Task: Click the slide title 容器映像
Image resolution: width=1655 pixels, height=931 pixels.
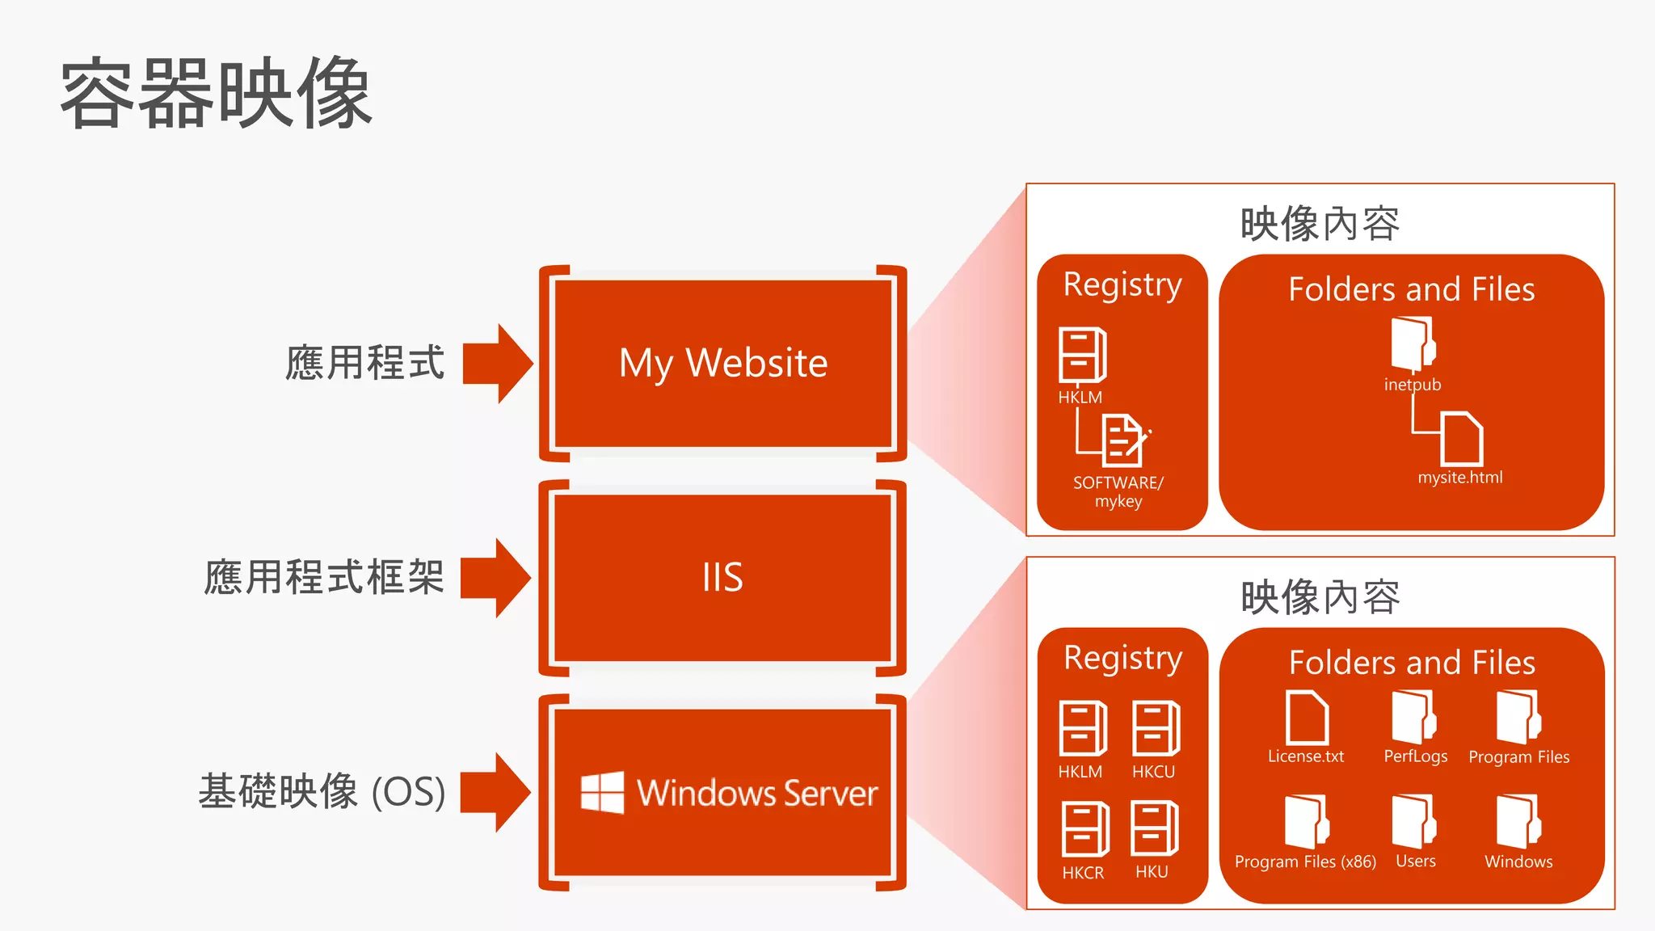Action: (217, 94)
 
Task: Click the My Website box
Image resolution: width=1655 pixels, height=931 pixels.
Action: (723, 363)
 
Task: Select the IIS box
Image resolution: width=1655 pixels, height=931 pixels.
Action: (723, 578)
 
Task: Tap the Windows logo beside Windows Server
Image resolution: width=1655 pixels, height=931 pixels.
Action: (602, 792)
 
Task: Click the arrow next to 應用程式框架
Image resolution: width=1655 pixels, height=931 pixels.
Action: (495, 578)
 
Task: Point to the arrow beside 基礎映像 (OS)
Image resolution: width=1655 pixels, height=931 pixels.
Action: (495, 792)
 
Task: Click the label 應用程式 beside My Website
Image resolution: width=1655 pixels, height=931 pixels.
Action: (365, 363)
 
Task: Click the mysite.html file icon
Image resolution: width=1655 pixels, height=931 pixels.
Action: (1462, 438)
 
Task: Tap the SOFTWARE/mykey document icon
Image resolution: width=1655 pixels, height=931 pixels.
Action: (1123, 440)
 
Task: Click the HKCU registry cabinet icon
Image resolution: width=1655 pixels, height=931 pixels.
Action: (1156, 728)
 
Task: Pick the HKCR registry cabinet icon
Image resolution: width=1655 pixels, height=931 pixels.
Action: (1084, 829)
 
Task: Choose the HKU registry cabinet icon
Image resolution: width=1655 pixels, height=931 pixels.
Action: (1154, 828)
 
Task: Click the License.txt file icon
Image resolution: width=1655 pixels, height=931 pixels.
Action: (1307, 717)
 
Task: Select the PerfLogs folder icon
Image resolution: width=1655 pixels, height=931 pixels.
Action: (1413, 717)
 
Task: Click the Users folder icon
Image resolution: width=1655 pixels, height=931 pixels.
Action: (1413, 821)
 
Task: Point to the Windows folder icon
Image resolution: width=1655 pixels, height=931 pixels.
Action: (1518, 821)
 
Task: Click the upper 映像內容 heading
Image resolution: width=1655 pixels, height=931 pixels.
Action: (1320, 224)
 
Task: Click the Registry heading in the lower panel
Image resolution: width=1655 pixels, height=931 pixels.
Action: (1122, 658)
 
